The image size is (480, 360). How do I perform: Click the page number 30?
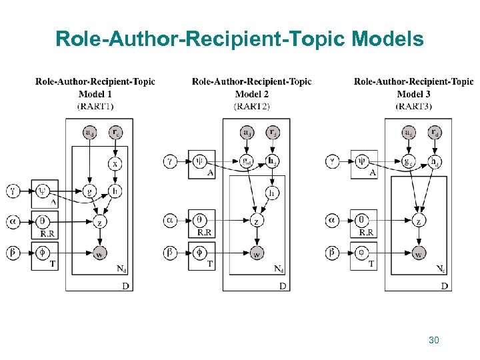[x=434, y=341]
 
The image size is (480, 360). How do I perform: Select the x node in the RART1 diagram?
[x=115, y=163]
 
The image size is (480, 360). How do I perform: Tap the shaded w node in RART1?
[x=98, y=253]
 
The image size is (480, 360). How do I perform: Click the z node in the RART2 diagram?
[x=256, y=221]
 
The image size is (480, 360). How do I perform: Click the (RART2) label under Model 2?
[x=252, y=106]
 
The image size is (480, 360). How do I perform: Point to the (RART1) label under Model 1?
[x=95, y=106]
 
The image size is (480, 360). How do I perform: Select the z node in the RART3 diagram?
[x=419, y=221]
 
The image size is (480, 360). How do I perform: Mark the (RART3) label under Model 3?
[x=413, y=106]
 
